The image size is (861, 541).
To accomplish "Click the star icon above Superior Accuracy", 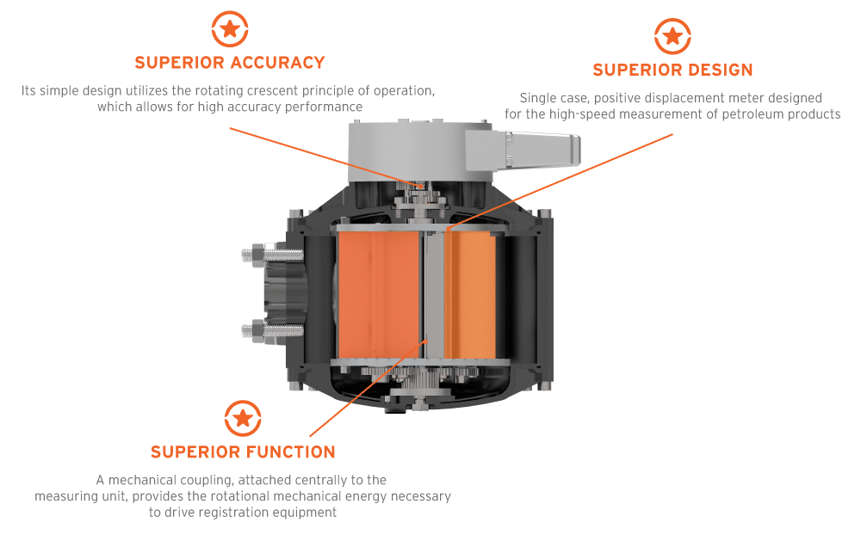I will coord(230,29).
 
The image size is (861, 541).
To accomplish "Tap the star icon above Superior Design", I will coord(672,37).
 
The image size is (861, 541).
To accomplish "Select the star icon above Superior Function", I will coord(243,419).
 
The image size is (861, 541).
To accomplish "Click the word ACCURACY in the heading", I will coord(277,63).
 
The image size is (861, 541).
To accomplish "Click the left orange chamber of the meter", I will coord(377,293).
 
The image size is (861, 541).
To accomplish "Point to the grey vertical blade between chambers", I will coord(435,293).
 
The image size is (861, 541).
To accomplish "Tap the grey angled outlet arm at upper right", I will coord(526,151).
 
